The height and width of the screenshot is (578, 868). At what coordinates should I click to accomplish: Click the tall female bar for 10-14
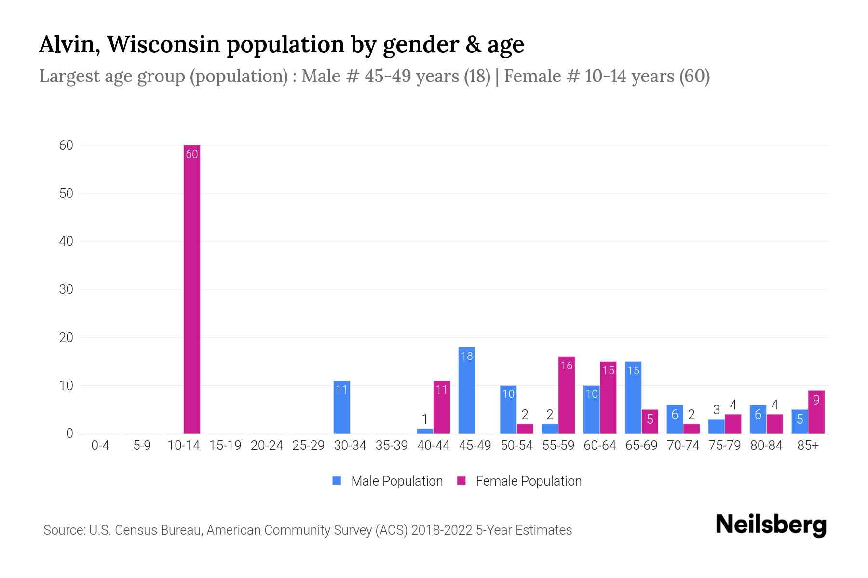click(x=192, y=289)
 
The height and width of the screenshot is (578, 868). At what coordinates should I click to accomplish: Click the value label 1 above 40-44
click(x=425, y=419)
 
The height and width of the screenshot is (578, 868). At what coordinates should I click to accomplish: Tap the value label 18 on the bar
click(x=467, y=356)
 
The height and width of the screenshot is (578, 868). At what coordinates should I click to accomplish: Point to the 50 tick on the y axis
click(x=66, y=194)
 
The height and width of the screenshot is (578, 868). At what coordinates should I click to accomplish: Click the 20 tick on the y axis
click(x=66, y=338)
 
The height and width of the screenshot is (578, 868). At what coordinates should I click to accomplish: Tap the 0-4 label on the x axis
click(x=100, y=446)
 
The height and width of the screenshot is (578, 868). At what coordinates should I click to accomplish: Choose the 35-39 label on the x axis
click(x=392, y=446)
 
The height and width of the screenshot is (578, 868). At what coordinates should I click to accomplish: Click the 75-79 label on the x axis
click(x=724, y=446)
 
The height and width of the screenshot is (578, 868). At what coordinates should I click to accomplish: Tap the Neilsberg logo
click(x=771, y=525)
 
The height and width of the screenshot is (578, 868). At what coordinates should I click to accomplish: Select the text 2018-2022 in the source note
click(x=441, y=530)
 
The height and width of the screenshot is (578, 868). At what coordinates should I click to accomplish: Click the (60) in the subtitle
click(x=694, y=76)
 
